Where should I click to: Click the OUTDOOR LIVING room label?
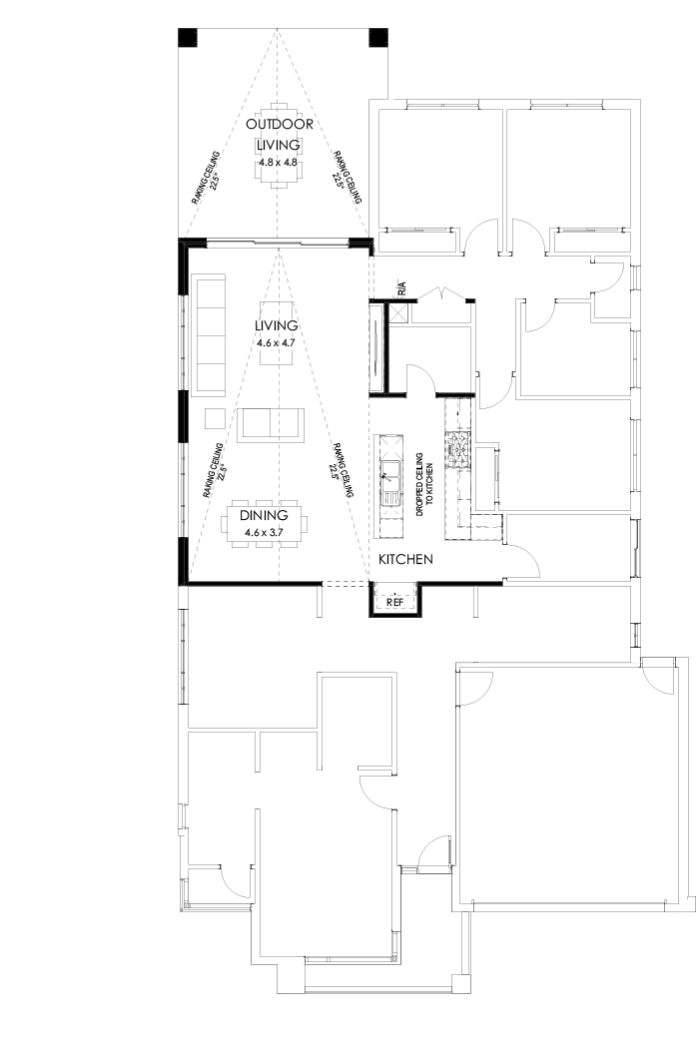click(x=280, y=134)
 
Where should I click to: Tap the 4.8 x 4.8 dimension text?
click(x=280, y=161)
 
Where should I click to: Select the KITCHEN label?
click(x=404, y=560)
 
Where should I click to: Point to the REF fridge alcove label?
click(x=394, y=602)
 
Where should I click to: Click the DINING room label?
click(x=264, y=515)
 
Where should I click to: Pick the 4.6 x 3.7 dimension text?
click(x=264, y=533)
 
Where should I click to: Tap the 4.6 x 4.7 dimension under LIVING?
click(x=277, y=342)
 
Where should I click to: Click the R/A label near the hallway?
click(x=401, y=289)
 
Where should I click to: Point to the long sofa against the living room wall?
click(x=210, y=334)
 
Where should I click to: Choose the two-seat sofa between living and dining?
click(x=269, y=422)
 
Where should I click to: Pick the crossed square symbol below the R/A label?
click(x=400, y=311)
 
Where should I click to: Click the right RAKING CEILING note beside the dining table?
click(x=343, y=471)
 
